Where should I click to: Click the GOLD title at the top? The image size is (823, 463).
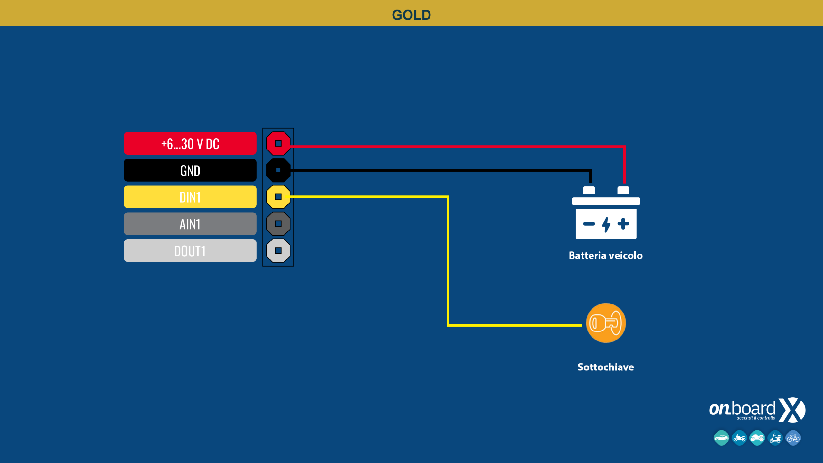[x=411, y=15]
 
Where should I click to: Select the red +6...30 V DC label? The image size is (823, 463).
[x=190, y=143]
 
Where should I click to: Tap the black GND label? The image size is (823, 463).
[x=190, y=170]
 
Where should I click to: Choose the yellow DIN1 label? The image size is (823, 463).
[x=190, y=197]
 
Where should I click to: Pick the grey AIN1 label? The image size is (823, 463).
[x=190, y=224]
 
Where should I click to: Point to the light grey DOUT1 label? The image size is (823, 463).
[x=190, y=251]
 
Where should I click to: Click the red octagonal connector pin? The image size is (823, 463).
[x=278, y=143]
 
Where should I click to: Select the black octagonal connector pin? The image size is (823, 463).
[x=278, y=170]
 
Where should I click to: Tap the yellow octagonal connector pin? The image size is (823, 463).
[x=278, y=197]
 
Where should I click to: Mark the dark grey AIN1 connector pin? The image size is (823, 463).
[x=278, y=224]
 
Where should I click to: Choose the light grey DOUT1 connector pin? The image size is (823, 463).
[x=278, y=250]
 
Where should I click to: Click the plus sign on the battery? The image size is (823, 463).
[x=623, y=224]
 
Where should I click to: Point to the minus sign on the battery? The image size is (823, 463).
[x=589, y=224]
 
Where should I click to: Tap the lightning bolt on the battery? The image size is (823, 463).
[x=606, y=224]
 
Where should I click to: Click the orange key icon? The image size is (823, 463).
[x=606, y=323]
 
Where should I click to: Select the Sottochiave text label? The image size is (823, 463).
[x=606, y=367]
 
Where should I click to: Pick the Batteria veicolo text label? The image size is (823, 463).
[x=606, y=256]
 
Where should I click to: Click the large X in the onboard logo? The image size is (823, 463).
[x=792, y=410]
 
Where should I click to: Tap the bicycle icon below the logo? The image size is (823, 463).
[x=793, y=438]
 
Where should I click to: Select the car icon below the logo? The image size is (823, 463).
[x=721, y=438]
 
